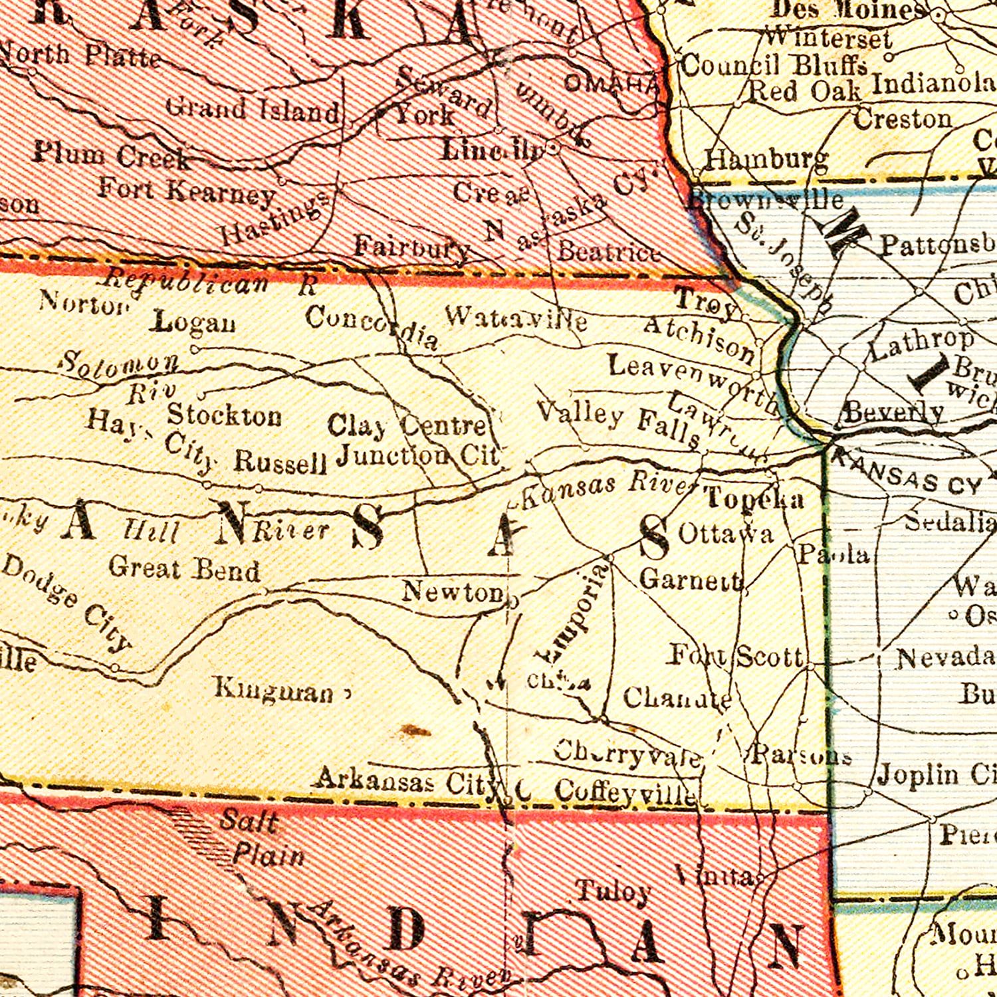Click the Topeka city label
754,498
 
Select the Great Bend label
184,570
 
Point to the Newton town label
453,592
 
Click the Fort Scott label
736,657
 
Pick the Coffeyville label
625,792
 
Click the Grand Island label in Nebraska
252,109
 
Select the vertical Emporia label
572,612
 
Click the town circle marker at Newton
512,603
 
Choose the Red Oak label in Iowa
805,90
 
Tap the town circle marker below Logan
195,349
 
